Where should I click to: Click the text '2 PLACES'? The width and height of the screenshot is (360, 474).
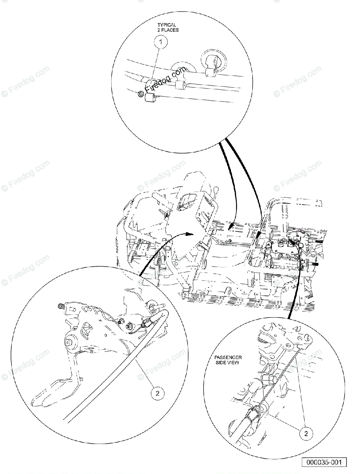coord(167,30)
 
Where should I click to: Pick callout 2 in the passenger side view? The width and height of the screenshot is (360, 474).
coord(306,433)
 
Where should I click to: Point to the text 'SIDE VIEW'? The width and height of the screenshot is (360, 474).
coord(228,362)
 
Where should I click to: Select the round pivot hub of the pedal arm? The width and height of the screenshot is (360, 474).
coord(71,340)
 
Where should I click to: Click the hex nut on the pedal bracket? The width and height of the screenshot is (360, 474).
coord(129,326)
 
